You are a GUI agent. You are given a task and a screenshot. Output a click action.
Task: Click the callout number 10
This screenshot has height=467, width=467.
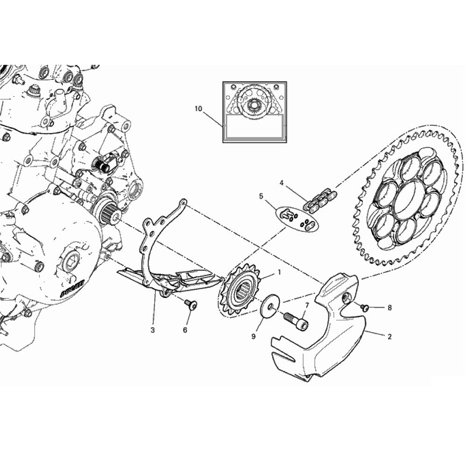point(198,109)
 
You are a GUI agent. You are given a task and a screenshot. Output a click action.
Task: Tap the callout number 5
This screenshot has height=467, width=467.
point(261,197)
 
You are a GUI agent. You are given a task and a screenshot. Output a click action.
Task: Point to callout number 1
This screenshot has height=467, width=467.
point(279,271)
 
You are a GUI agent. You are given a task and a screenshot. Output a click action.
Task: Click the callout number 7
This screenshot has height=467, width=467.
point(307,305)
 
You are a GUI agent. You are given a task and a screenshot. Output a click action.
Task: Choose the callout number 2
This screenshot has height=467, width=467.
point(389,336)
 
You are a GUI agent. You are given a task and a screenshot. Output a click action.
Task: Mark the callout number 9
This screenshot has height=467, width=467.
point(254,336)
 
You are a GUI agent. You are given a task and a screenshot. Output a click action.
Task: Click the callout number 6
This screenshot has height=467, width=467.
point(185,330)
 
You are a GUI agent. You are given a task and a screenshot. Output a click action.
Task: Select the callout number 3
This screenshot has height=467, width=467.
point(153,330)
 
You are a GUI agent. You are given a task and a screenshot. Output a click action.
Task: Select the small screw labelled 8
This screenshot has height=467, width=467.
point(365,307)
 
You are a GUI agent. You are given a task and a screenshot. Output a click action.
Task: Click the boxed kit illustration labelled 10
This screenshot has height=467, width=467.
point(255,111)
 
